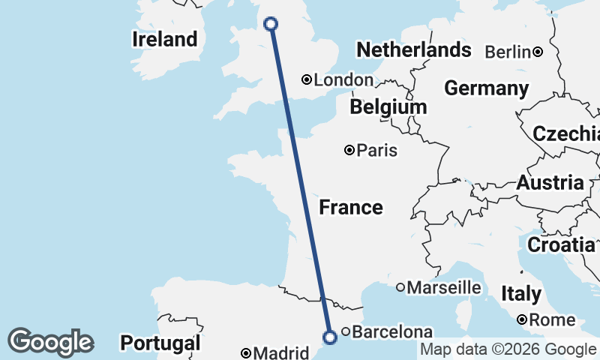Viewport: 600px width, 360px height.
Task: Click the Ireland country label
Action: (165, 39)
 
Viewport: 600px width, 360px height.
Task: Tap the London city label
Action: (343, 80)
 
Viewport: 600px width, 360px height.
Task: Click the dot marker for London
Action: (306, 79)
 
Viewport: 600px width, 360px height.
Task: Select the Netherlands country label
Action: (414, 50)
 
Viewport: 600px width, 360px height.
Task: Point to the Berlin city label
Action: (508, 52)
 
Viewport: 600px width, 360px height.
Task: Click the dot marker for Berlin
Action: (538, 52)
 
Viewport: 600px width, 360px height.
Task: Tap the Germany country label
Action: (486, 88)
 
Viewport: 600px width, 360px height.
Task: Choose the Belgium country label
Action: (388, 107)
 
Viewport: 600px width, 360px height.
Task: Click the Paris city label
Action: (376, 151)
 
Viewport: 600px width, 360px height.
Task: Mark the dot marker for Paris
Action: (349, 150)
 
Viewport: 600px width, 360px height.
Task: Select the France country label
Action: (351, 207)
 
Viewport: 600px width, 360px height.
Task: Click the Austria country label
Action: (550, 182)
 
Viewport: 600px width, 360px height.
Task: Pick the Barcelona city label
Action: (392, 331)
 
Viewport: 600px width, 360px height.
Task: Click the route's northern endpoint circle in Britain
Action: (271, 24)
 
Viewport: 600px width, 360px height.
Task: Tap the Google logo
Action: (50, 342)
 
